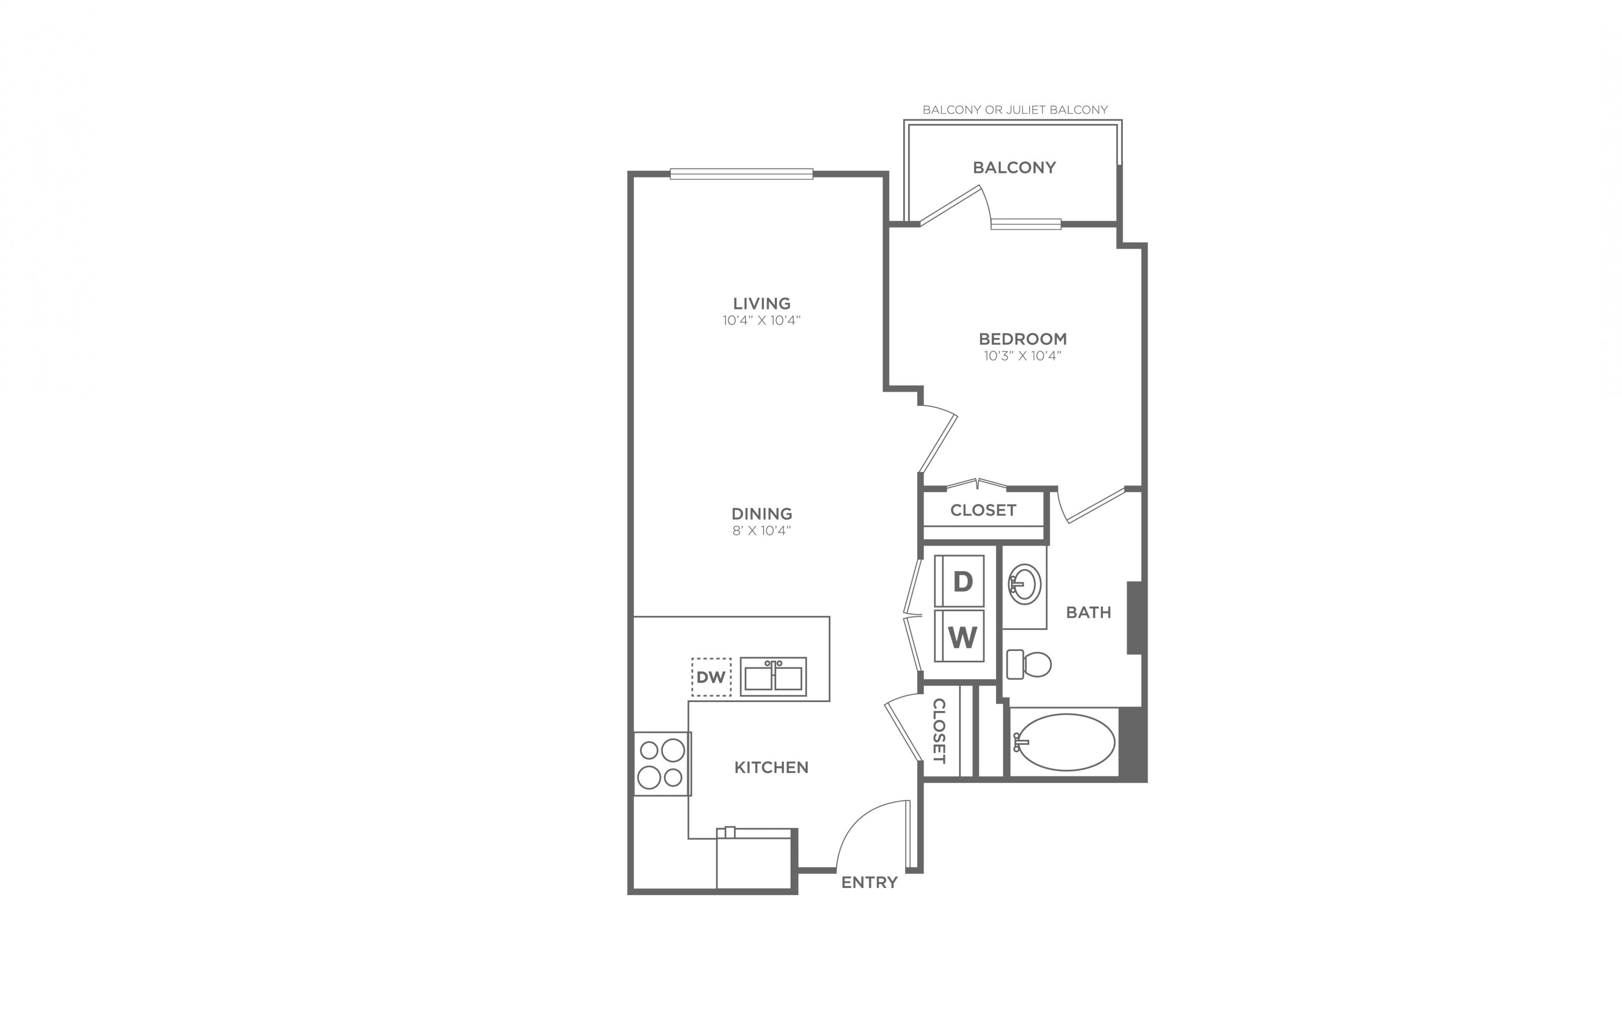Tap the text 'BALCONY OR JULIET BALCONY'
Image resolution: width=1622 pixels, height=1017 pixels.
point(1015,109)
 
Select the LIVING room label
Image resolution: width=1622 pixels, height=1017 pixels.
point(762,303)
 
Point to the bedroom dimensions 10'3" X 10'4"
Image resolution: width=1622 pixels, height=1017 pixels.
point(1023,356)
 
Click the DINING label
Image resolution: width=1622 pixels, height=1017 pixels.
point(762,514)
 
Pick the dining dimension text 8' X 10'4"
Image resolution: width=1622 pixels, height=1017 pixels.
point(762,531)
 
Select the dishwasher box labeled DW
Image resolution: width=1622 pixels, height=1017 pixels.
point(711,677)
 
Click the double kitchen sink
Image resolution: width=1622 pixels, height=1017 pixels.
point(773,677)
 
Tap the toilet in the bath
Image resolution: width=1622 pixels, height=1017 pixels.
point(1029,664)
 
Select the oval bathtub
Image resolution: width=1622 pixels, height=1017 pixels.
point(1064,743)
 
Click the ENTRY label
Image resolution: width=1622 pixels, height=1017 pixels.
point(869,882)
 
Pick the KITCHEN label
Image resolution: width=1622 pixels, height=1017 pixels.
point(771,767)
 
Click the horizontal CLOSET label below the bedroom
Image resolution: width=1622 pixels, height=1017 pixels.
point(983,510)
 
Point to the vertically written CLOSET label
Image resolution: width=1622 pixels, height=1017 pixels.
point(939,731)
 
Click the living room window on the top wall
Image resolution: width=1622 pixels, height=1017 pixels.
point(741,173)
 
